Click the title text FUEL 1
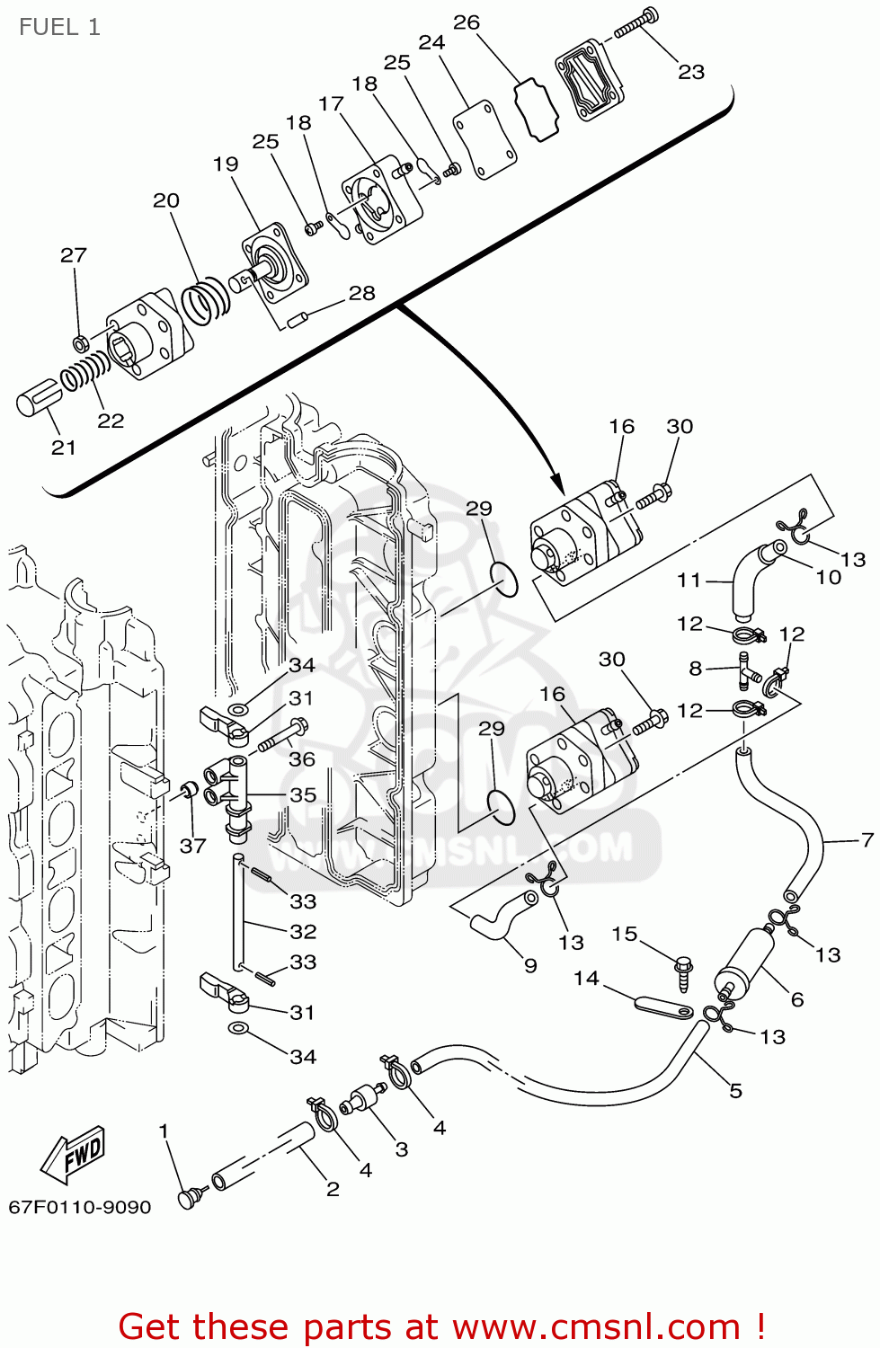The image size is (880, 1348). pos(59,28)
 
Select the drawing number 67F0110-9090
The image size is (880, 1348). pos(80,1207)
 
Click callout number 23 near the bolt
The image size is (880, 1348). pos(690,72)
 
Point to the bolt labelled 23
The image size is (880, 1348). pos(636,24)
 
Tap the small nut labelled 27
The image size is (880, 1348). pos(79,343)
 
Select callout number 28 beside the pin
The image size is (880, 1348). pos(361,293)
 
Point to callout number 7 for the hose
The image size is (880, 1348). pos(867,840)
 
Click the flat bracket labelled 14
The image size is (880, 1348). pos(662,1006)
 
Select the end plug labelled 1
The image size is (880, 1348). pos(188,1198)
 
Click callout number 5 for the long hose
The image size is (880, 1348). pos(735,1091)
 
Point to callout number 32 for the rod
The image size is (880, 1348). pos(303,932)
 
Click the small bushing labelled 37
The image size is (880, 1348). pos(189,789)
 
